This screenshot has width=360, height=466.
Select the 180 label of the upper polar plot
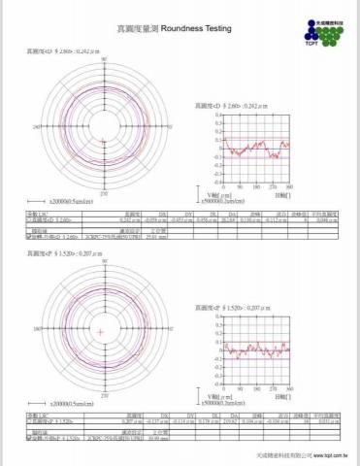[x=37, y=126]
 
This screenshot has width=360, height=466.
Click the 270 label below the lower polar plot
[x=102, y=398]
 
